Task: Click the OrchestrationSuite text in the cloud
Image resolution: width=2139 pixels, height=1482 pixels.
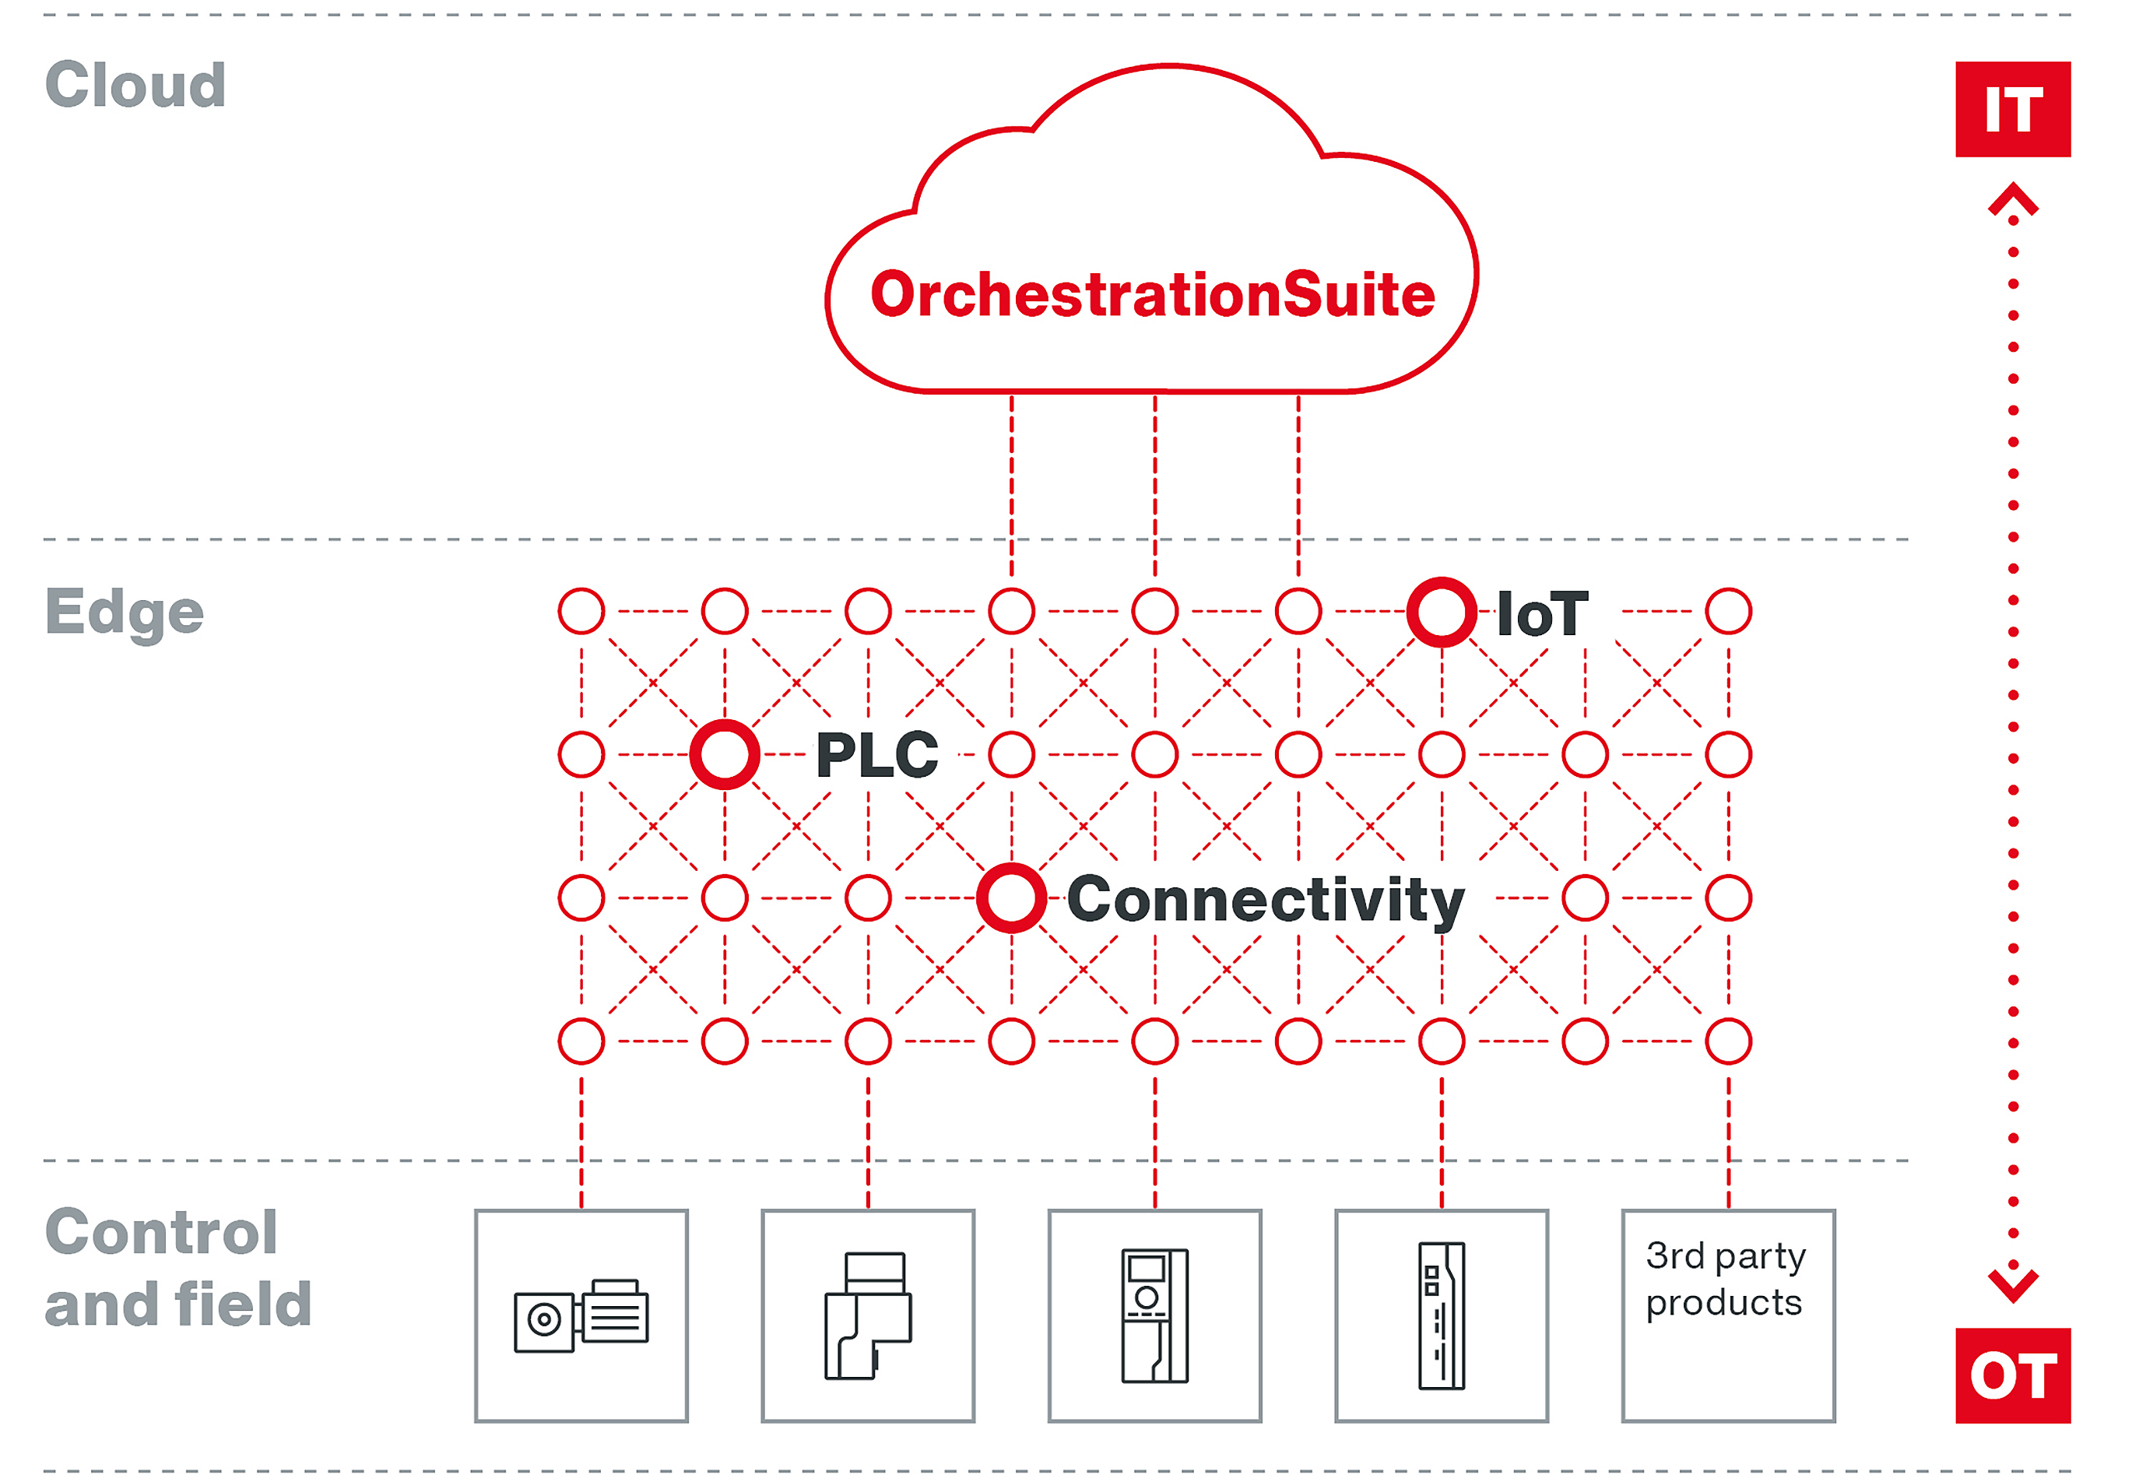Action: click(x=1152, y=295)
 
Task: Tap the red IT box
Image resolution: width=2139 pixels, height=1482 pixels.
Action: click(x=2012, y=110)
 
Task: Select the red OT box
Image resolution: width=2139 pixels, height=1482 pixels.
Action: click(x=2012, y=1375)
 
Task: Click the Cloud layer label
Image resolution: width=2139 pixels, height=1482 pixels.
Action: click(x=135, y=86)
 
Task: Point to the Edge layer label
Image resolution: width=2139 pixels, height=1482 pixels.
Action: click(x=125, y=613)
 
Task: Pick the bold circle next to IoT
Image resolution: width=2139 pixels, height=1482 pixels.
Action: click(x=1441, y=612)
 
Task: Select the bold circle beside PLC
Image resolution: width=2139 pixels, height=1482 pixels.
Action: click(x=724, y=755)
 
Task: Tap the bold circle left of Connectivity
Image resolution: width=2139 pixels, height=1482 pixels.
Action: click(x=1011, y=898)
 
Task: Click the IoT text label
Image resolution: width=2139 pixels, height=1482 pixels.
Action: click(x=1542, y=615)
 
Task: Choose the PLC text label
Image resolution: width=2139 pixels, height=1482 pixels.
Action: click(x=877, y=755)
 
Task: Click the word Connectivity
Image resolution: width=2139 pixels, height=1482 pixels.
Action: click(x=1266, y=900)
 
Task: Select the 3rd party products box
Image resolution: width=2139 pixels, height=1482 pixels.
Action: click(x=1728, y=1315)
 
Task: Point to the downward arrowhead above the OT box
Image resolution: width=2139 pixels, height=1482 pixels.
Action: click(x=2013, y=1284)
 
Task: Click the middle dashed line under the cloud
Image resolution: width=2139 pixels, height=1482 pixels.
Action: click(x=1155, y=483)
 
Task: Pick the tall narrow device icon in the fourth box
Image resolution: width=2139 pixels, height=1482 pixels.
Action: click(x=1441, y=1315)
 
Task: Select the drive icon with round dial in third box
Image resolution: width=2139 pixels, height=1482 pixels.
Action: click(x=1154, y=1315)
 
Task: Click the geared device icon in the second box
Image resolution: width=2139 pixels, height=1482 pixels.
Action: click(x=868, y=1315)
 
